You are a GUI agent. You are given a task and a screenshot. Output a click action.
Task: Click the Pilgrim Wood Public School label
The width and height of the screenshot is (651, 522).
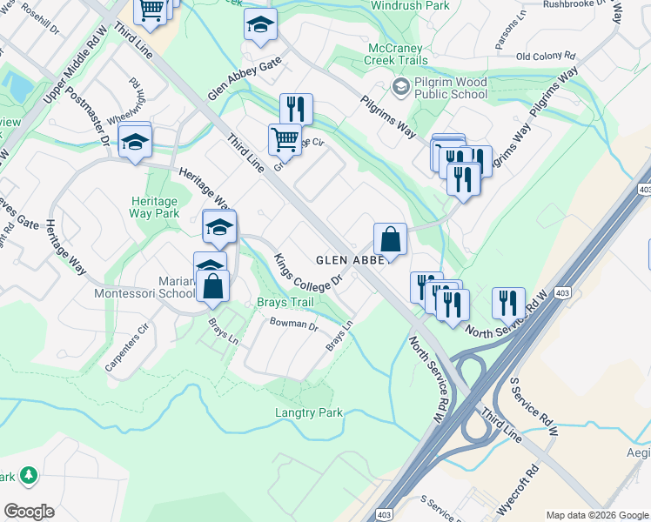click(x=452, y=88)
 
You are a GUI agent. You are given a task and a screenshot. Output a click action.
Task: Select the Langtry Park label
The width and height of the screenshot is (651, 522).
click(x=309, y=412)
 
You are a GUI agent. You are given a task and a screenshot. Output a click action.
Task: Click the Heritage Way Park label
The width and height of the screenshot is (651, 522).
click(x=154, y=206)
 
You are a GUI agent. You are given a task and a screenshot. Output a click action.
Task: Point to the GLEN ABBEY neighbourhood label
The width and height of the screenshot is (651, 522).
click(x=346, y=259)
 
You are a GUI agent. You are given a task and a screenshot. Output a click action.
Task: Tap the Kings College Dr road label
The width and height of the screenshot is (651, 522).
click(x=310, y=272)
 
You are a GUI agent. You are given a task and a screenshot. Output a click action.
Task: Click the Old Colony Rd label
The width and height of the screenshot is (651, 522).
click(x=546, y=57)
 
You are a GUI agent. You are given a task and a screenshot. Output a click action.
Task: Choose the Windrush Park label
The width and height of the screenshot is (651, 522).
click(x=411, y=5)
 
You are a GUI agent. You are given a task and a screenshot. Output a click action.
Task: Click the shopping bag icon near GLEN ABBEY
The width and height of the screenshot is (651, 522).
click(x=391, y=239)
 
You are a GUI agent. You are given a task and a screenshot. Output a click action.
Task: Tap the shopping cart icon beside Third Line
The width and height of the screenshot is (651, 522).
click(x=285, y=139)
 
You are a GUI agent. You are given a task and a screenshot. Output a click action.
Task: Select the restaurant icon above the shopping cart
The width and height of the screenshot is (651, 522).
click(x=296, y=109)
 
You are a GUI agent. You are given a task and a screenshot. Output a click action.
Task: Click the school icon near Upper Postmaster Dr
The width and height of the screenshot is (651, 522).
click(x=135, y=141)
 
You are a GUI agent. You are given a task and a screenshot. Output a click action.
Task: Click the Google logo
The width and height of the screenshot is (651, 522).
click(x=29, y=512)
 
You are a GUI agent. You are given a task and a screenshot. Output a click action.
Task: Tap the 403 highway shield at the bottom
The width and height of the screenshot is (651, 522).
click(x=384, y=514)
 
